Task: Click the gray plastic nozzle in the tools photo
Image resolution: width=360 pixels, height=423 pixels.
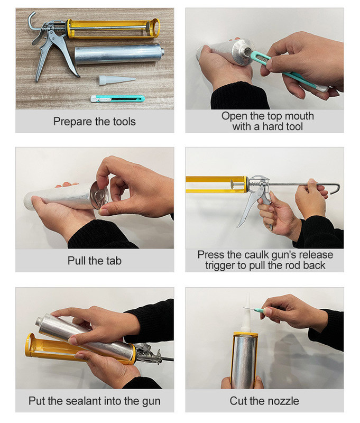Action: [116, 80]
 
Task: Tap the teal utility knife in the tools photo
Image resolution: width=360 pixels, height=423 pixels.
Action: [117, 99]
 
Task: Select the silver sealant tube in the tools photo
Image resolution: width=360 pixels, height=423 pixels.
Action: [119, 54]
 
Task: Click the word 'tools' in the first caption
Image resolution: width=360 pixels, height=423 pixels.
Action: [124, 122]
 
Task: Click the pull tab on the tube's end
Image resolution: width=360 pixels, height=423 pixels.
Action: [99, 195]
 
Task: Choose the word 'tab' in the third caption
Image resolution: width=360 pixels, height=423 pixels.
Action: [113, 261]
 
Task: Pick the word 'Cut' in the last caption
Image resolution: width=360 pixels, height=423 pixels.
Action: [238, 401]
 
